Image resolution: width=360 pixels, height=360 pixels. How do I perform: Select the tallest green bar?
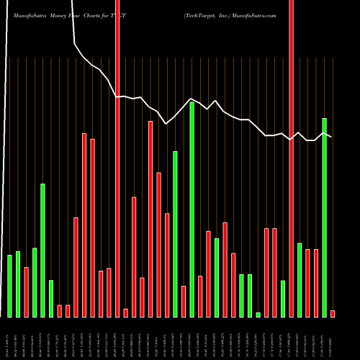click(x=192, y=210)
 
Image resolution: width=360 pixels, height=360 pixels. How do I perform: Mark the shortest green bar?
click(x=258, y=315)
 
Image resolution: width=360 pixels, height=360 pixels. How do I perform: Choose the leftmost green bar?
click(x=9, y=287)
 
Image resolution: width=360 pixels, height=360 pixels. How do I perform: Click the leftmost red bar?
click(x=26, y=292)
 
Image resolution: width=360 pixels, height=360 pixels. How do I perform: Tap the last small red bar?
click(x=333, y=313)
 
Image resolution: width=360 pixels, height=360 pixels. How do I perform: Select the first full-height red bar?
click(x=117, y=158)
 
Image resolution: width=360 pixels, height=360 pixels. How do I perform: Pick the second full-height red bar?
click(x=292, y=158)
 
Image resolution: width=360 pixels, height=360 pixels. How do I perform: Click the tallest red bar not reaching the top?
click(x=150, y=219)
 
